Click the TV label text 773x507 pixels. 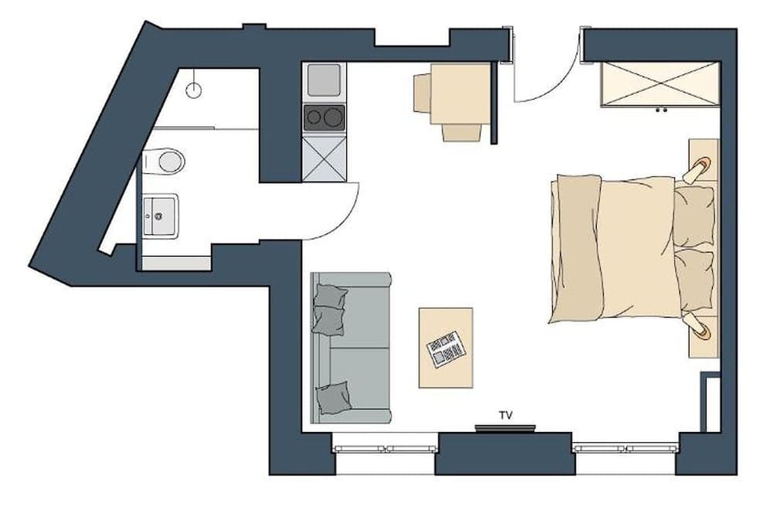(506, 416)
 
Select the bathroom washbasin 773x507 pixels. (160, 214)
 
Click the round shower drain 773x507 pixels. (193, 90)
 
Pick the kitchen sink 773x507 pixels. (324, 80)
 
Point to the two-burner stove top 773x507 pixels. (324, 117)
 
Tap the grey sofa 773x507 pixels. (352, 348)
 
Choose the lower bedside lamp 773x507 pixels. (700, 328)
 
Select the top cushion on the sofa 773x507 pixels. (329, 307)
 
